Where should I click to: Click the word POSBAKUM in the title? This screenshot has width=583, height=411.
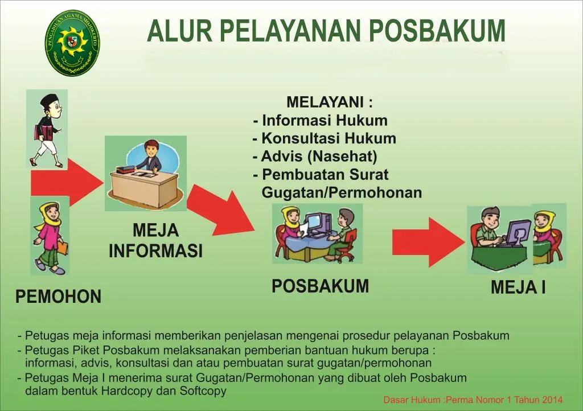point(437,31)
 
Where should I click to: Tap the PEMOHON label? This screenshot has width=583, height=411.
point(59,297)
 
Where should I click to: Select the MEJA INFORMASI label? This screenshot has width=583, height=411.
point(156,240)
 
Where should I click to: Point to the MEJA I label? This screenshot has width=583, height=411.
point(518,287)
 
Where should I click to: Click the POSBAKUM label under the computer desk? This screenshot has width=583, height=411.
point(320,286)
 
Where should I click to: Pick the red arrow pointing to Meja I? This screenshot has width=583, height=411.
point(429,243)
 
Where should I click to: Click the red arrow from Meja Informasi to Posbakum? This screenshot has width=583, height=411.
point(221,211)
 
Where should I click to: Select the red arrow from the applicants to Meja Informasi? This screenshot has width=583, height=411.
point(67,183)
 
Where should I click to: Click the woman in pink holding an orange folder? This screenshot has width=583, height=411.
point(50,237)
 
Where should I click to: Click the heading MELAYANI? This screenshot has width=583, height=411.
point(329,102)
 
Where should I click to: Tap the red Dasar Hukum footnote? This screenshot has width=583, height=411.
point(473,400)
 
